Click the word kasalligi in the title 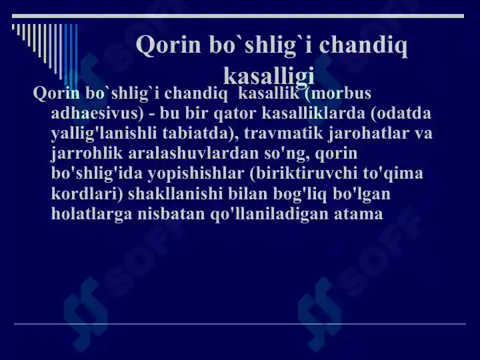(269, 76)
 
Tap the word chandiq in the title (363, 45)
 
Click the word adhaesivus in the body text (97, 113)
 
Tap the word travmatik (283, 133)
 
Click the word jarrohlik (87, 153)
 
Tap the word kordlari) (87, 194)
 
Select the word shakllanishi (175, 193)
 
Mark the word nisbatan (171, 213)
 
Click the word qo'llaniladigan (270, 214)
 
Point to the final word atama (359, 214)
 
